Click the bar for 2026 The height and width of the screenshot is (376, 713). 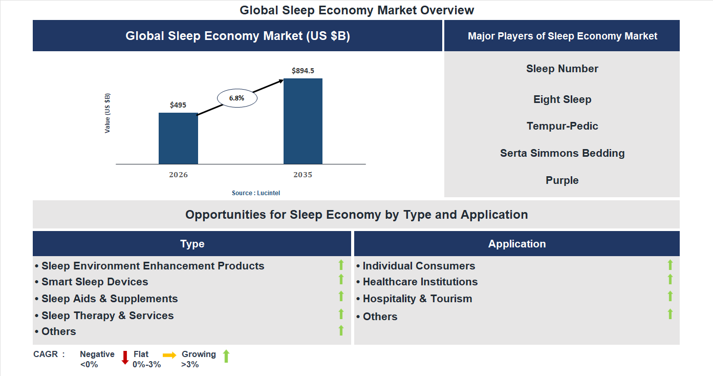point(178,138)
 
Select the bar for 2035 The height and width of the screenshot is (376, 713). point(303,121)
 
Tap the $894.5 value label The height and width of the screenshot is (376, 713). point(303,71)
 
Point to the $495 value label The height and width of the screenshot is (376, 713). point(178,105)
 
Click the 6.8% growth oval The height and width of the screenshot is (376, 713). point(237,98)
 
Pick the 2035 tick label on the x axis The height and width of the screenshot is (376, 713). point(303,175)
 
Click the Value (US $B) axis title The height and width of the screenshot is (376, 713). point(107,113)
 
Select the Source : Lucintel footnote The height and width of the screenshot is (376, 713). point(256,193)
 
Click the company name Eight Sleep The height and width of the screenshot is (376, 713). point(562,99)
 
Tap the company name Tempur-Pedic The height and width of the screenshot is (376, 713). point(562,126)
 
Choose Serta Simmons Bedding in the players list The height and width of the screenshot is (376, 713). point(562,153)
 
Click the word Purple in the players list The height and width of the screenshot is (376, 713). point(562,180)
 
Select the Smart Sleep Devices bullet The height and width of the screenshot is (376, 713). point(95,282)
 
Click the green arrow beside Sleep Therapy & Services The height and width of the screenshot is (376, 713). point(341,314)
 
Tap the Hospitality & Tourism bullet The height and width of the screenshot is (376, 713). point(417,299)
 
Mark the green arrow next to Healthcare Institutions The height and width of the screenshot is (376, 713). point(670,279)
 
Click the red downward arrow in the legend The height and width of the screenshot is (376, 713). point(125,358)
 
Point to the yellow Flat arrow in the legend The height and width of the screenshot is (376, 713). point(169,355)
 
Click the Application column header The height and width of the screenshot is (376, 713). point(517,244)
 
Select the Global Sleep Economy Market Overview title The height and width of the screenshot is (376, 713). point(357,10)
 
